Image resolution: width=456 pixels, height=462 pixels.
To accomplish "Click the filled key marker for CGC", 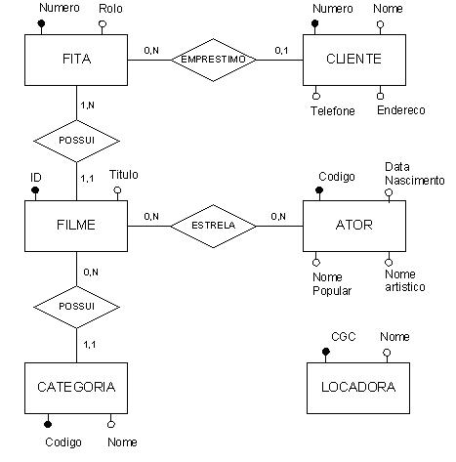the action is (325, 352).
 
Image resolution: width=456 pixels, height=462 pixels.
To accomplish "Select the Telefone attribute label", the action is (333, 111).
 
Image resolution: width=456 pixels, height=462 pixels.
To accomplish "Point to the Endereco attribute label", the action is (401, 110).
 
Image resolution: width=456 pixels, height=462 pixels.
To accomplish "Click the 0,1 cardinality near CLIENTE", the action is (281, 51).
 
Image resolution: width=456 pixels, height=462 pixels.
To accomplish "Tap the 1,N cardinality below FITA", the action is (88, 105).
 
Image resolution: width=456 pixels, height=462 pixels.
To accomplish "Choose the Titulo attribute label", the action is (124, 175).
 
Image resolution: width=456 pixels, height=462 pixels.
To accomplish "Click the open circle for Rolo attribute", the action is (103, 23).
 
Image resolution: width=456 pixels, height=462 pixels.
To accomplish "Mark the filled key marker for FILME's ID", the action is (35, 190).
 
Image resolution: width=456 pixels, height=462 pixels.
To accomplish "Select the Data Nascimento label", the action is (415, 174).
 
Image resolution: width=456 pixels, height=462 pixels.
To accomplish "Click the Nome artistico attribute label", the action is (405, 280).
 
